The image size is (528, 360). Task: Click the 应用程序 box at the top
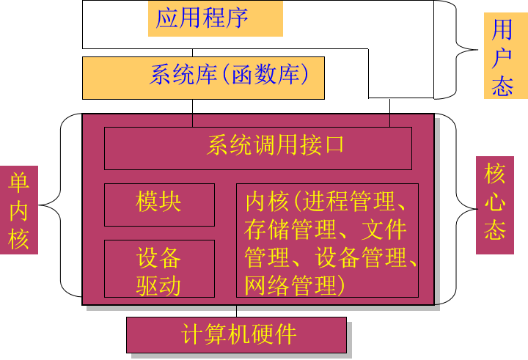(x=215, y=18)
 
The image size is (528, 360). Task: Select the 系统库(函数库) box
(x=203, y=78)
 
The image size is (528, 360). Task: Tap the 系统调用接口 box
(x=257, y=148)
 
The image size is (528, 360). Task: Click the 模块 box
(x=159, y=205)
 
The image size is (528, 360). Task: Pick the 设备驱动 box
(x=159, y=268)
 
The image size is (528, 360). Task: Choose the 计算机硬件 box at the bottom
(x=236, y=335)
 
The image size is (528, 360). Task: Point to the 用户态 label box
(x=505, y=55)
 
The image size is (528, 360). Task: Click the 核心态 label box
(x=494, y=205)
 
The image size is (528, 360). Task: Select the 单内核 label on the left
(x=18, y=210)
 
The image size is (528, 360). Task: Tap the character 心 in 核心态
(x=495, y=203)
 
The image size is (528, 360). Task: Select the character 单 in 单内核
(x=18, y=183)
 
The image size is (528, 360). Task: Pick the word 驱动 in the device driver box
(x=159, y=285)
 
